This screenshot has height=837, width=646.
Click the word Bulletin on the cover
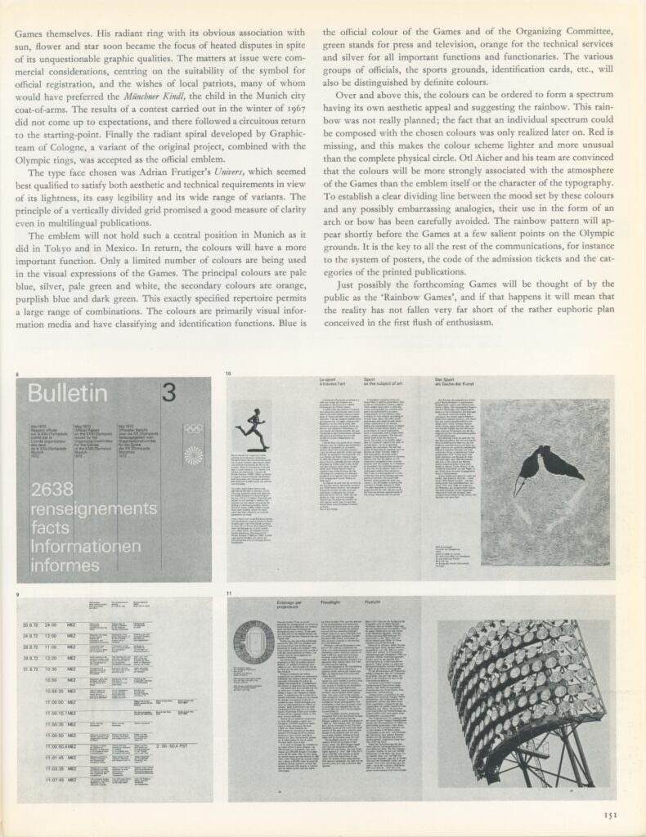(68, 394)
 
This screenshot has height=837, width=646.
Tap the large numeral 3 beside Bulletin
(168, 393)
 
